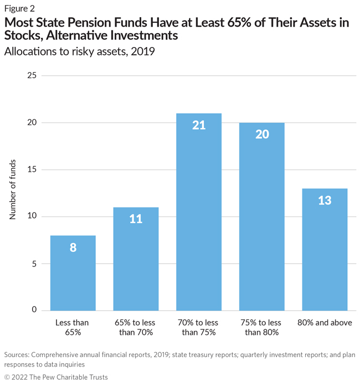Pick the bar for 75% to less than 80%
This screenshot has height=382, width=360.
point(261,216)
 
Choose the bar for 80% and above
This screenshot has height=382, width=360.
point(325,249)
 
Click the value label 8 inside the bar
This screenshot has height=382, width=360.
point(73,248)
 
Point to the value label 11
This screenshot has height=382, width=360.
point(136,219)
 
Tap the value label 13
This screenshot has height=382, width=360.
point(325,201)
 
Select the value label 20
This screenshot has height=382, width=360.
point(261,135)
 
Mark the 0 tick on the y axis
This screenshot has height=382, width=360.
point(34,310)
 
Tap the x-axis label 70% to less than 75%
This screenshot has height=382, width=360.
point(199,327)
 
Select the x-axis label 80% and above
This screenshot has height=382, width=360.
point(325,323)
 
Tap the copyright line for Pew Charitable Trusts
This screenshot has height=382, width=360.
point(56,377)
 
